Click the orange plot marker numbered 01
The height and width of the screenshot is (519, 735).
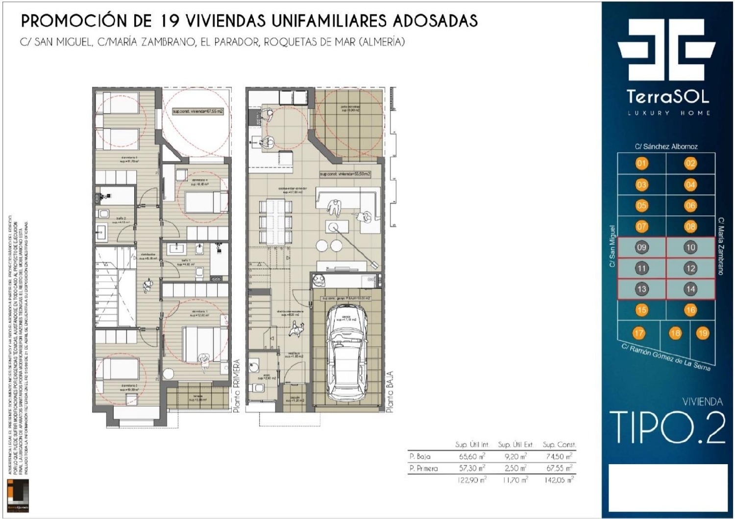641,164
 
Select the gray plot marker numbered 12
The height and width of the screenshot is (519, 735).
690,268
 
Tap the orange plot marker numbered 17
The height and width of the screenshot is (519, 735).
638,333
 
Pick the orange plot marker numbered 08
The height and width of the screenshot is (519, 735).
690,226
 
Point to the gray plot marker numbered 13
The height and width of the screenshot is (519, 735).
641,289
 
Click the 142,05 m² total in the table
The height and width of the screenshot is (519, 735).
559,480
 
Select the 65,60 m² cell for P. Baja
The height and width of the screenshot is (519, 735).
472,456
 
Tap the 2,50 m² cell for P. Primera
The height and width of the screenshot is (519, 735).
515,469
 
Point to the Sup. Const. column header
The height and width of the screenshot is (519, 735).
559,445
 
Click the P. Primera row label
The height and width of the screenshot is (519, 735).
424,469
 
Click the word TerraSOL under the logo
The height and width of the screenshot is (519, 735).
667,96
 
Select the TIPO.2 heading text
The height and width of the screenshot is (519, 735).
667,427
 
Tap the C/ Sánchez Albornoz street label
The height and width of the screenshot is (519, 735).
666,146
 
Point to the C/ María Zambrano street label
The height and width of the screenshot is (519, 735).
721,246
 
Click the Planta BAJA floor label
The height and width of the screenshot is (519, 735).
390,392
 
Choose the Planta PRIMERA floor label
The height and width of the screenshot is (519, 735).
237,386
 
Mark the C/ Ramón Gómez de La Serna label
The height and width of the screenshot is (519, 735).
665,357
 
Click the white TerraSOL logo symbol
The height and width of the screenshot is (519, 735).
666,49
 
